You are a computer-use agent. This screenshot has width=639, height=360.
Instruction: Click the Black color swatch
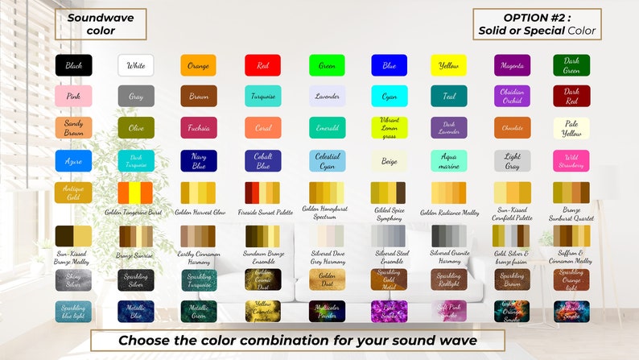pyautogui.click(x=73, y=65)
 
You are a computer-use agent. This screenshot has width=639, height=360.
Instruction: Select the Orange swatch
pyautogui.click(x=198, y=65)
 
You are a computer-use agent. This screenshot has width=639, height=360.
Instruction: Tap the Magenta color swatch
pyautogui.click(x=512, y=65)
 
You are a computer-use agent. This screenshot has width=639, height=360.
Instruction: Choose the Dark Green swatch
pyautogui.click(x=571, y=65)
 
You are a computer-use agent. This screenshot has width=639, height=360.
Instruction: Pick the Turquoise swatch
pyautogui.click(x=262, y=97)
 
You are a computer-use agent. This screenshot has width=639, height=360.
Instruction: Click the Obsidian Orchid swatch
pyautogui.click(x=512, y=97)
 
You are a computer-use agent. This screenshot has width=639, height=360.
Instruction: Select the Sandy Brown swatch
pyautogui.click(x=73, y=128)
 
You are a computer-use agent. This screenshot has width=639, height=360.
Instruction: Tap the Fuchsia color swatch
pyautogui.click(x=198, y=128)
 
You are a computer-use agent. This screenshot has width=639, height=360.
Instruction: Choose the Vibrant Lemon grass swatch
pyautogui.click(x=390, y=128)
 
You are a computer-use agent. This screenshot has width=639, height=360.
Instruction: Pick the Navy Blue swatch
pyautogui.click(x=198, y=160)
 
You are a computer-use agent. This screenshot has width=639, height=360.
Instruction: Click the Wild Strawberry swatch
pyautogui.click(x=571, y=160)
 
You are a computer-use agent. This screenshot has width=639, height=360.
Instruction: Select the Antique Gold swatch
pyautogui.click(x=73, y=192)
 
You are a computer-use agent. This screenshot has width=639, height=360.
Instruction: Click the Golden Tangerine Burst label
pyautogui.click(x=134, y=213)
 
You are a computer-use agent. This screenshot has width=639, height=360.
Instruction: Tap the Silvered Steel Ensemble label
pyautogui.click(x=390, y=256)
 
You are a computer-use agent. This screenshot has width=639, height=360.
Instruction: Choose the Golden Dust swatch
pyautogui.click(x=327, y=279)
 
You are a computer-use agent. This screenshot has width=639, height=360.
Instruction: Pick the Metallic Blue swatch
pyautogui.click(x=136, y=311)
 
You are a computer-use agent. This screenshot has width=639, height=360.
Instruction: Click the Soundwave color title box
pyautogui.click(x=101, y=25)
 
